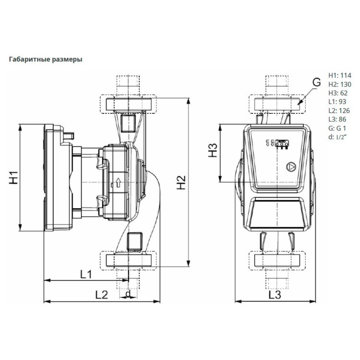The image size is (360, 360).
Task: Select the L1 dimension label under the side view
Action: click(86, 275)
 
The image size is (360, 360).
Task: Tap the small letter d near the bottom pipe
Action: click(127, 293)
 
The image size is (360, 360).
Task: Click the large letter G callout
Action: click(316, 83)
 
